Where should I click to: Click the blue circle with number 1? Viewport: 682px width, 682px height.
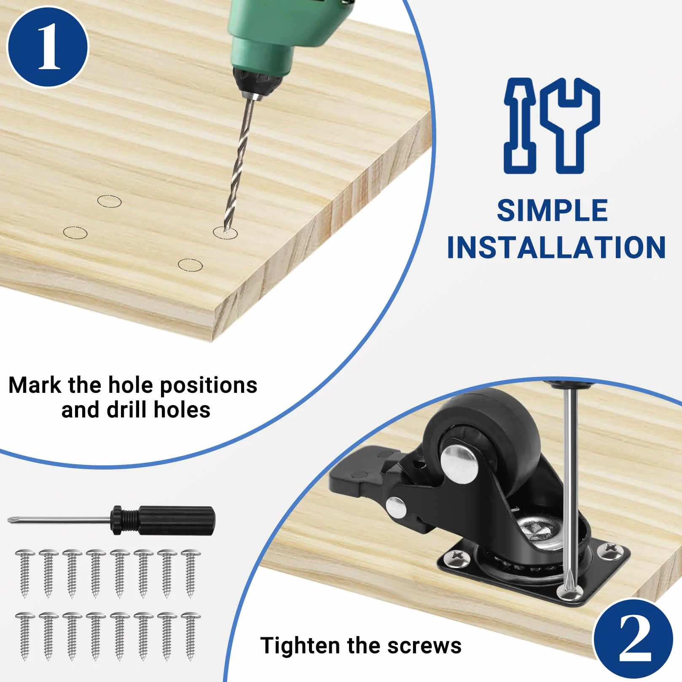pos(48,47)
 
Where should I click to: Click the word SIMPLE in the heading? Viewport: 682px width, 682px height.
pos(552,210)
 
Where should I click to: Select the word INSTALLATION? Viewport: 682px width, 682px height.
pos(556,247)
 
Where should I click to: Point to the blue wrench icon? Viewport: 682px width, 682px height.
pos(570,125)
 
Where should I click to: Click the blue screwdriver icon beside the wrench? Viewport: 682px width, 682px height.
pos(520,125)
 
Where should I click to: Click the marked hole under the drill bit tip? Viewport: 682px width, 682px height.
pos(225,233)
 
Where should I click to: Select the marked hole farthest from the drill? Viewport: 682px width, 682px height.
pos(75,233)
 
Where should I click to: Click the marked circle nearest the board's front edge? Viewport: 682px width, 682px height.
pos(190,265)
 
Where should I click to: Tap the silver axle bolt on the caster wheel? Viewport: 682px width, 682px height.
pos(459,464)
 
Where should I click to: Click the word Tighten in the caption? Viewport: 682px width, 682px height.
pos(300,646)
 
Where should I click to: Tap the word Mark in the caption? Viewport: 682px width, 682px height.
pos(35,385)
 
